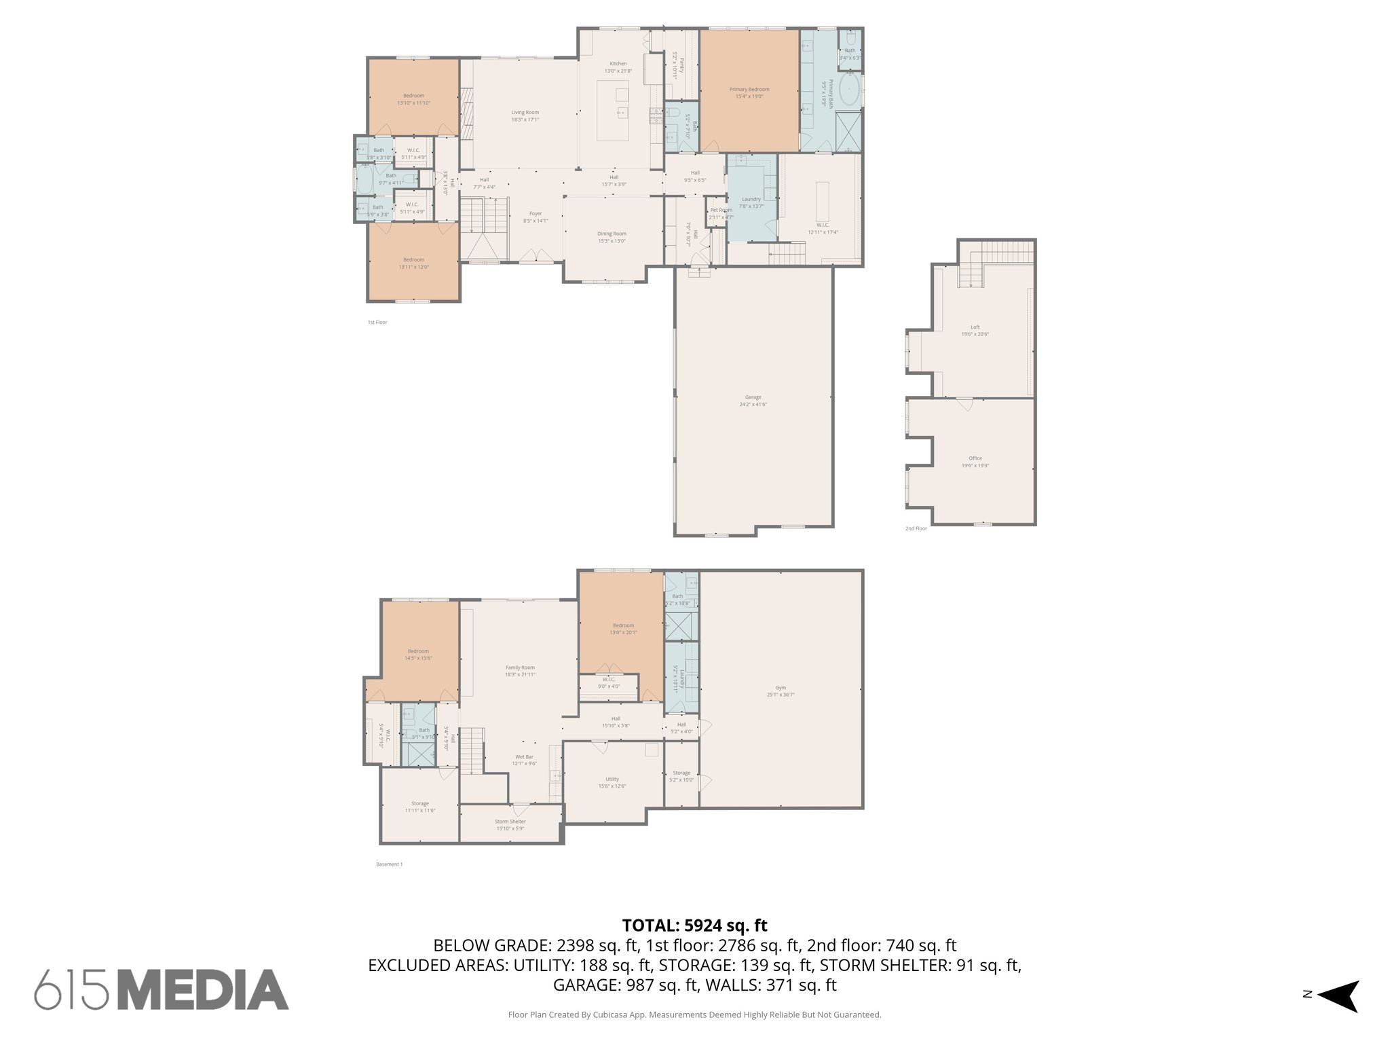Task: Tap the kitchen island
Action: [x=613, y=110]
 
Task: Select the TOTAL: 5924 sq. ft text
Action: [x=694, y=926]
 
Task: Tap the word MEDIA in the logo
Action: [x=204, y=990]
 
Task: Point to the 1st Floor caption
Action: [x=377, y=323]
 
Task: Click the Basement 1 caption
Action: [x=390, y=864]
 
